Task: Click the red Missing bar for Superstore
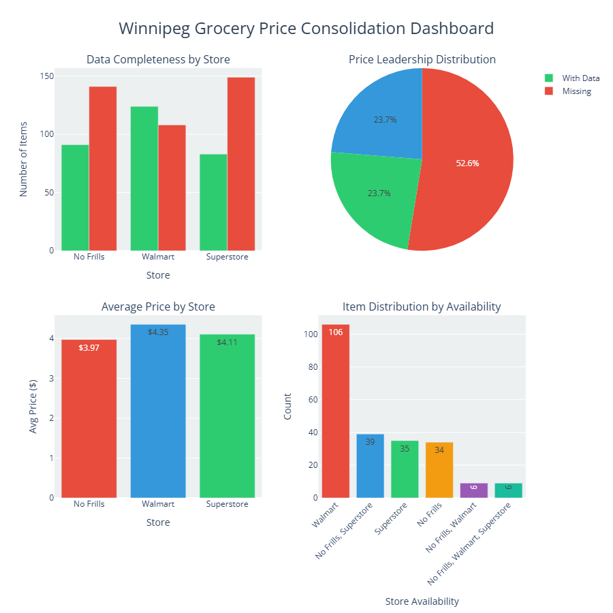click(240, 163)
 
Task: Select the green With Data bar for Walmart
click(144, 178)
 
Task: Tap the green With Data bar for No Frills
click(75, 198)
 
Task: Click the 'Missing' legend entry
click(576, 91)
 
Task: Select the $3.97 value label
click(89, 348)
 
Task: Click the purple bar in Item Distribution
click(474, 490)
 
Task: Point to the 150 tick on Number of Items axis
click(46, 76)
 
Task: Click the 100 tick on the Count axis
click(311, 334)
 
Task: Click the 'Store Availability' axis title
click(422, 601)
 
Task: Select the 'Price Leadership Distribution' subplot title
click(422, 59)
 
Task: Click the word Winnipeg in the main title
click(154, 29)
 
